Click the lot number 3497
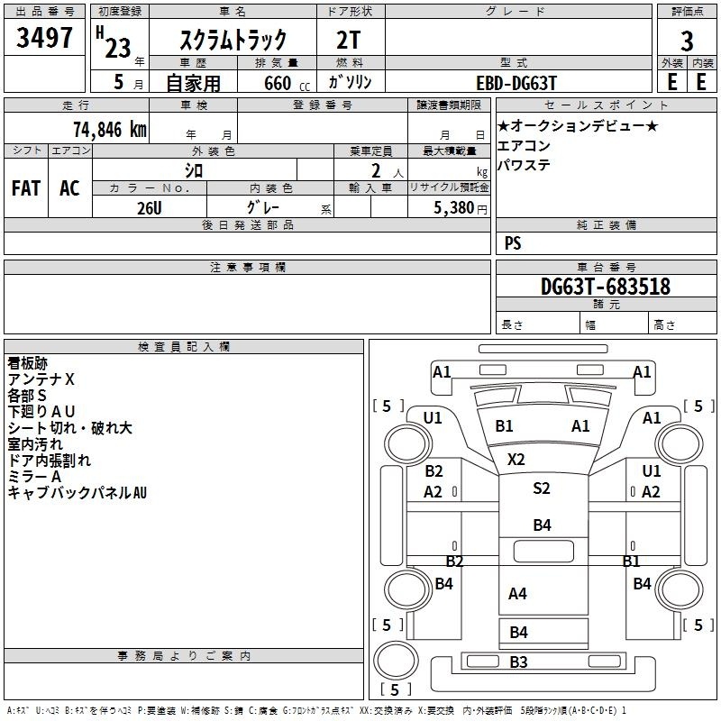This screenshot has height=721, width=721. click(x=45, y=39)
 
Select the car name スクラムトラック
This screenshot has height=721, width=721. click(x=233, y=40)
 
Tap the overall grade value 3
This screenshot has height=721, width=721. click(x=687, y=41)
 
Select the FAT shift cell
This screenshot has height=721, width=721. click(x=26, y=188)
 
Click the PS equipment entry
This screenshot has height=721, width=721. click(x=513, y=243)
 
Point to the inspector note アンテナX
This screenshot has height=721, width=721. click(x=41, y=379)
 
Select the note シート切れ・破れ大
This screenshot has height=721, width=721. click(x=69, y=428)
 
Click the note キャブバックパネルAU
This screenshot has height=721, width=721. click(x=77, y=492)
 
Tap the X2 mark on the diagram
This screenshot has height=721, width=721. click(x=516, y=459)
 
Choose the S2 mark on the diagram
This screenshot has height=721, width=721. click(x=541, y=488)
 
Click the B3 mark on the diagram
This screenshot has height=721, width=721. click(x=518, y=662)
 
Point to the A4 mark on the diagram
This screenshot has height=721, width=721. click(x=517, y=593)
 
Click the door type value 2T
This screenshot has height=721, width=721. click(x=350, y=40)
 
